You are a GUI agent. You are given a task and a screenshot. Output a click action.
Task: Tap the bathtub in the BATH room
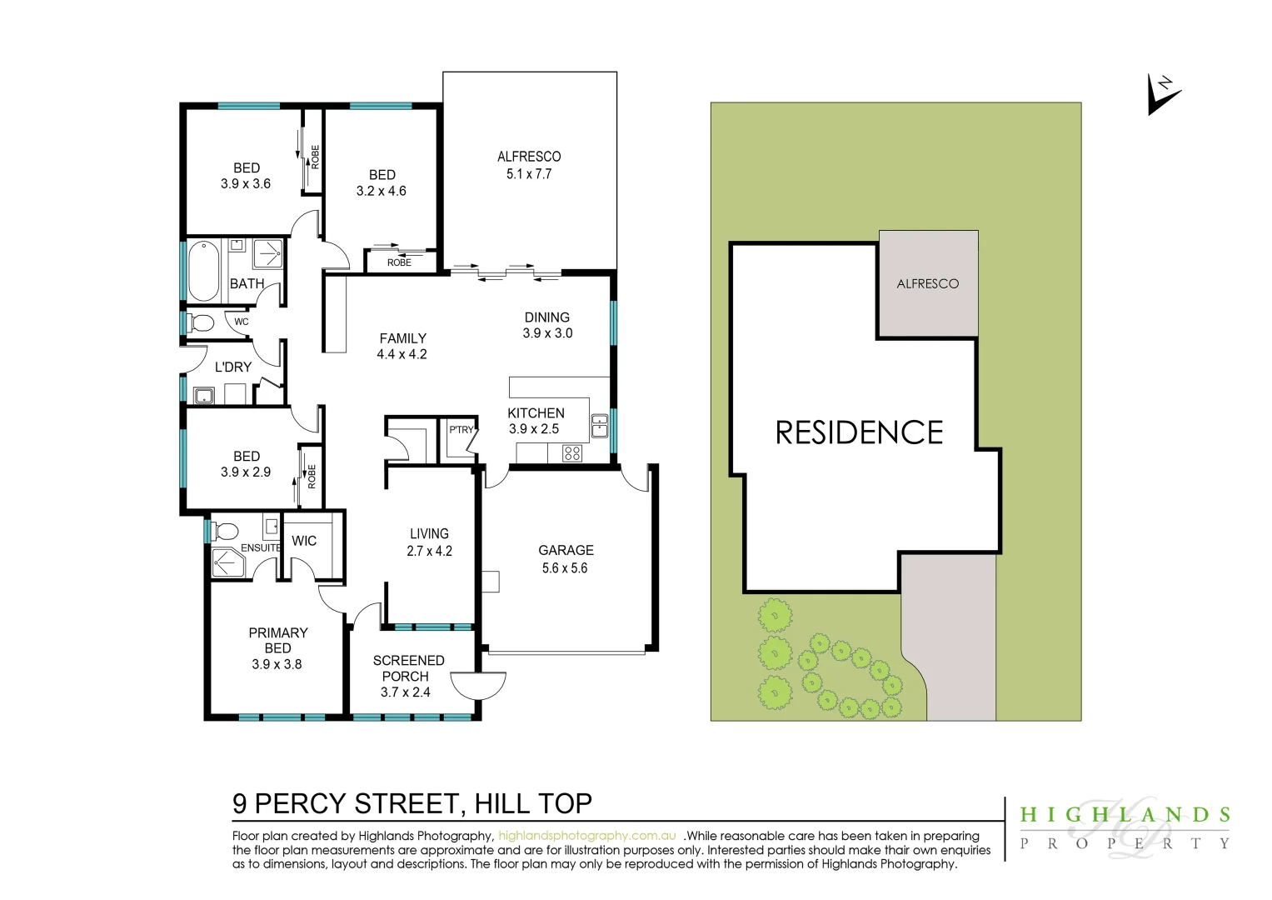pos(203,271)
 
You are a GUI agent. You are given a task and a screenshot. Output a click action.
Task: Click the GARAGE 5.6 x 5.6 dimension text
pos(565,568)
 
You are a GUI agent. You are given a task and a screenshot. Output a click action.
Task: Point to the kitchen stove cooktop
pos(572,452)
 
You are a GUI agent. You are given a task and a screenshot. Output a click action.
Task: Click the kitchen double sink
pos(600,426)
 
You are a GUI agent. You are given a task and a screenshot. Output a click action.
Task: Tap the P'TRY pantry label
pos(461,429)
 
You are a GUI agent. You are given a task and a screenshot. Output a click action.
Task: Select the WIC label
pos(304,541)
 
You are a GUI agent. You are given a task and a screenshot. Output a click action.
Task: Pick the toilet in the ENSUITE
pos(225,532)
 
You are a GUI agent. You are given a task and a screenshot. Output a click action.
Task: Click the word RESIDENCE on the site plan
pos(859,432)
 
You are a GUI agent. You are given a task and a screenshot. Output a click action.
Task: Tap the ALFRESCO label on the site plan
pos(928,283)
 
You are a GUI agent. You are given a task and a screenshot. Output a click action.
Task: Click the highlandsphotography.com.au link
pos(587,836)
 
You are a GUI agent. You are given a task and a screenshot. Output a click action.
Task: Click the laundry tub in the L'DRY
pos(203,396)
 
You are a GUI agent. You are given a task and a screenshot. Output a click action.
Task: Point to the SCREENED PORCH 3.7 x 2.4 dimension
pos(406,692)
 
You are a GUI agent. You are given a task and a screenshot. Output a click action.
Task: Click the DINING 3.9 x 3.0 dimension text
pos(547,333)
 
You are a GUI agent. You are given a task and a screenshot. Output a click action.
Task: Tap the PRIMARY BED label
pos(278,640)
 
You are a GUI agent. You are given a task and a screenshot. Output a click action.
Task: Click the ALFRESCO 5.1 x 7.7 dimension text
pos(529,174)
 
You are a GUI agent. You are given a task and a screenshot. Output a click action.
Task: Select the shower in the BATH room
pos(267,253)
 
